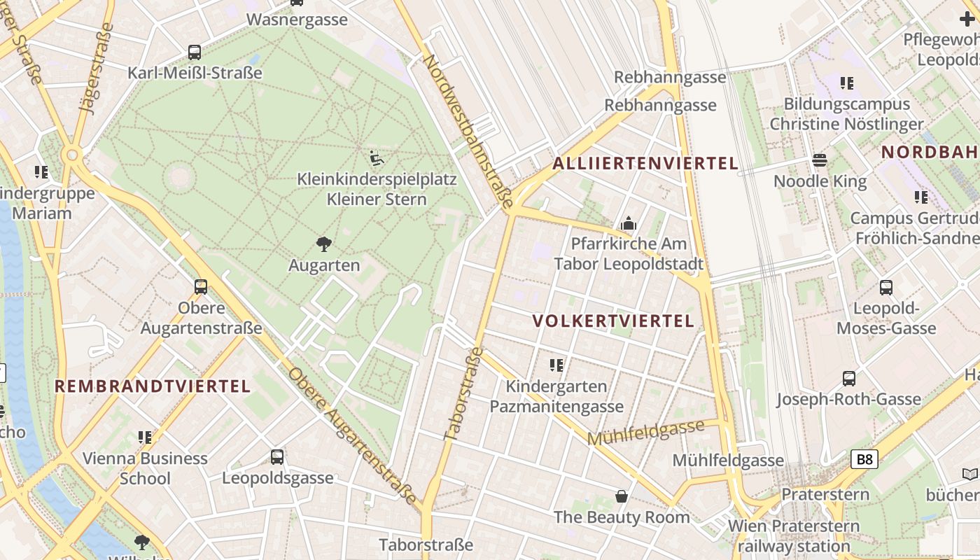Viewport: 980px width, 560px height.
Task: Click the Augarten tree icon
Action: [323, 244]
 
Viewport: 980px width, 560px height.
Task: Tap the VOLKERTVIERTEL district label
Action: [613, 321]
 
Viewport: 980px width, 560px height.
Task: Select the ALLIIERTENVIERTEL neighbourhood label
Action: [645, 164]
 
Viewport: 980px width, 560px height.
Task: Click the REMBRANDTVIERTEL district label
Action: [153, 386]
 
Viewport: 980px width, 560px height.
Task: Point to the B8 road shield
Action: [864, 459]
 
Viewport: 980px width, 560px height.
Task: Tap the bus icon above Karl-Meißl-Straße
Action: [195, 52]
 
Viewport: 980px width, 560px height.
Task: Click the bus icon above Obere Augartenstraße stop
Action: [201, 286]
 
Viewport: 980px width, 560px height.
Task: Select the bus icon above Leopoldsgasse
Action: [277, 456]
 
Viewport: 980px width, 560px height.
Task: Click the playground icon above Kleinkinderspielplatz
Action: [377, 157]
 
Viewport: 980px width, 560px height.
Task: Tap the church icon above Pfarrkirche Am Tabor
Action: [628, 223]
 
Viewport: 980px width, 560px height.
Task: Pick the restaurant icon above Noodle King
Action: [820, 161]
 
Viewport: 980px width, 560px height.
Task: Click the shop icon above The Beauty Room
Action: [621, 496]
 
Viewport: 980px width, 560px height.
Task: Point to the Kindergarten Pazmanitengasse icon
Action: [556, 365]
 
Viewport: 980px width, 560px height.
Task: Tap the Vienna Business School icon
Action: [145, 437]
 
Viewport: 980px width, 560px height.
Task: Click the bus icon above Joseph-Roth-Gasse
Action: [848, 379]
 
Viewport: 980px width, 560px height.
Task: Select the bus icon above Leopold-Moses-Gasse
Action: [885, 287]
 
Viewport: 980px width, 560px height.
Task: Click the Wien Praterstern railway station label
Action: [794, 535]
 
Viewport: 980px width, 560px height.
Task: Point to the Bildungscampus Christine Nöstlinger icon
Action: [847, 83]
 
